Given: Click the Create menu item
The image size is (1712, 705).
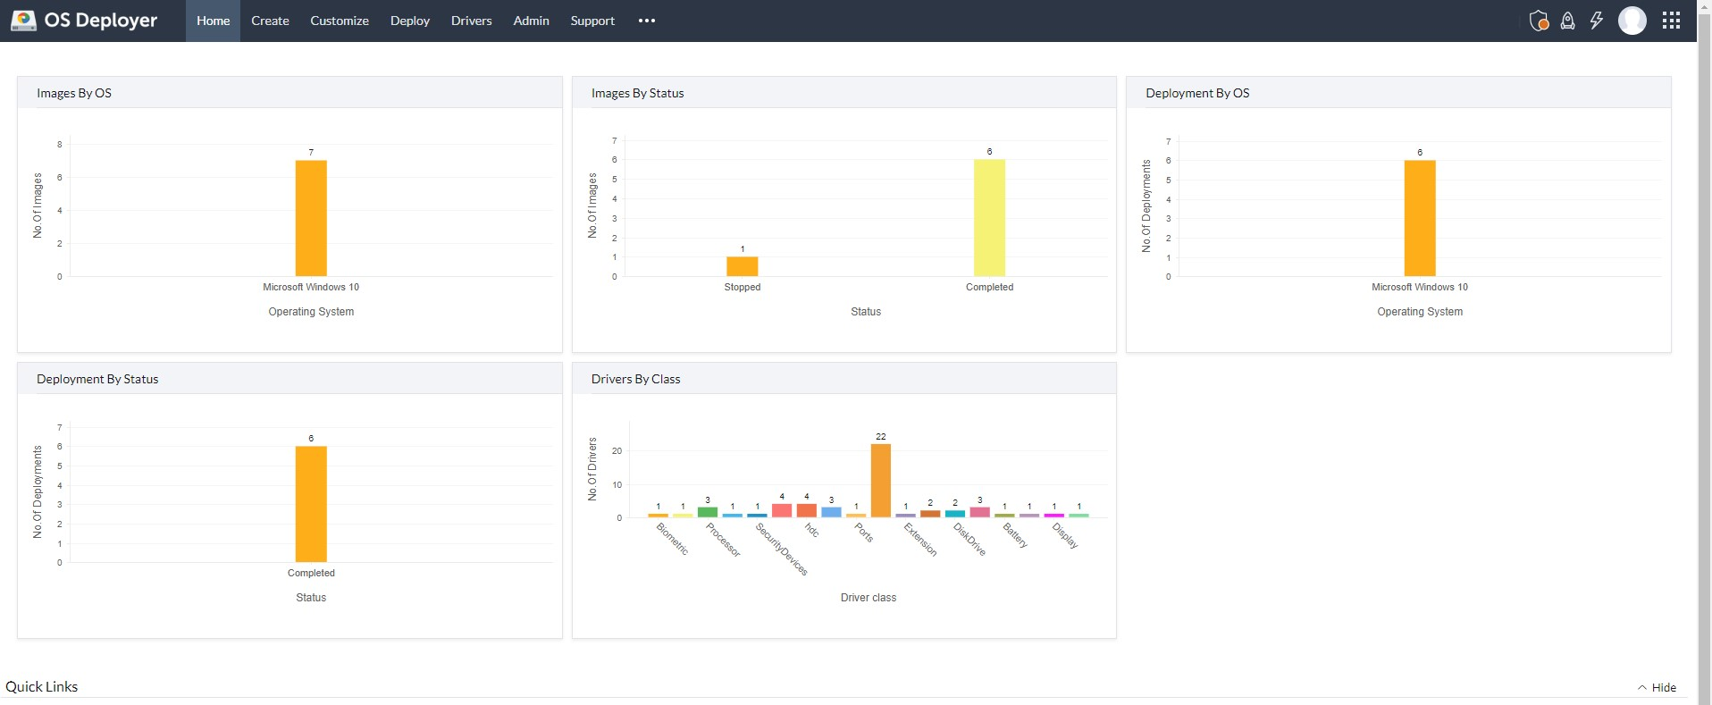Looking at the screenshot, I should coord(270,21).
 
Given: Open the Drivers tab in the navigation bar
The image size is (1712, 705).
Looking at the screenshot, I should coord(471,21).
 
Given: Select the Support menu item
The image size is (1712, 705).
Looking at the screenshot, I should coord(592,21).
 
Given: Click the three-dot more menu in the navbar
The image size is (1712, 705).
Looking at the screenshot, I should coord(647,21).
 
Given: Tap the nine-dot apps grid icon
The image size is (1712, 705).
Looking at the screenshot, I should coord(1671,21).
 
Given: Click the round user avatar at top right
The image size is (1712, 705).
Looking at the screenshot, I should coord(1632,21).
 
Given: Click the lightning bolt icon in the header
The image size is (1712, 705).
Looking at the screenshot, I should coord(1597,21).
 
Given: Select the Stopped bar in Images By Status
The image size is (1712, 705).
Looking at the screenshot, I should coord(742,266).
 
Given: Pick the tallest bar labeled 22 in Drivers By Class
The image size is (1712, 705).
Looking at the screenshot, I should coord(880,481).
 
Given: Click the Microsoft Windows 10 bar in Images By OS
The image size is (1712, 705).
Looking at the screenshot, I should coord(311,219).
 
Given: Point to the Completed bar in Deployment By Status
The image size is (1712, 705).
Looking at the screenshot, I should coord(311,505).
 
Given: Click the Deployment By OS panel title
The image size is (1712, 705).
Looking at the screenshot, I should coord(1197,93).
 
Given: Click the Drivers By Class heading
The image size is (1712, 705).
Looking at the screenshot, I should coord(635,379).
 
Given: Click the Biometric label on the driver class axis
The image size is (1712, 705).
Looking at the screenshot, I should coord(673,539).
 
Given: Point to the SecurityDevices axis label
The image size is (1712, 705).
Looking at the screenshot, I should coord(782,549).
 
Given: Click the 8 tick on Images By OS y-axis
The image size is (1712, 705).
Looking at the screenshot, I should coord(60,145).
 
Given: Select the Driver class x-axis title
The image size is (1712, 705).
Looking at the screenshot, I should coord(868,598).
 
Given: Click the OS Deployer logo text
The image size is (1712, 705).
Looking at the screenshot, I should coord(100,21).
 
